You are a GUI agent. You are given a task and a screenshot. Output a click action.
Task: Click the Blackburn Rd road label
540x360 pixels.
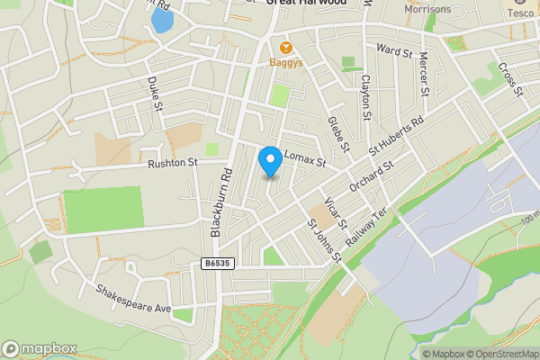[x=221, y=202]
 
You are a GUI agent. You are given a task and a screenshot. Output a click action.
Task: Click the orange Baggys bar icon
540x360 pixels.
[x=286, y=47]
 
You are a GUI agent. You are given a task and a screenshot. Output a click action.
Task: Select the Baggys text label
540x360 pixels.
[x=286, y=63]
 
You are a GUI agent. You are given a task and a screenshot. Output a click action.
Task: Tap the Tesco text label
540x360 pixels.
[x=520, y=13]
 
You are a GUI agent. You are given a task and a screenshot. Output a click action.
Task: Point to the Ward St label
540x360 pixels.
[x=393, y=49]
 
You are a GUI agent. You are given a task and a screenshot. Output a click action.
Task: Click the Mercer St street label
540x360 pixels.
[x=423, y=73]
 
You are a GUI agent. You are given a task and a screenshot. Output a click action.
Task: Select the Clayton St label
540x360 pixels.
[x=365, y=96]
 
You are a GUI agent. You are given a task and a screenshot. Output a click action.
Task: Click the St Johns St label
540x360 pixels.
[x=324, y=240]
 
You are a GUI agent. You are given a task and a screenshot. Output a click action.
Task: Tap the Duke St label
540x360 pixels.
[x=154, y=94]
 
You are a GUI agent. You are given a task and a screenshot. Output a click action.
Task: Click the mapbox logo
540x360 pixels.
[x=40, y=349]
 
